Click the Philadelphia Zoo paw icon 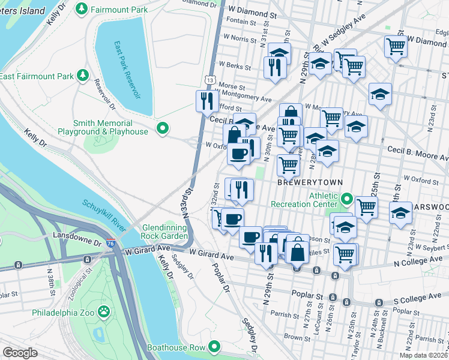coord(104,311)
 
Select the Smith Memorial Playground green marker coord(161,127)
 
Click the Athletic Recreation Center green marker coord(346,198)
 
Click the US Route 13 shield coord(209,79)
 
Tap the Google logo coord(20,352)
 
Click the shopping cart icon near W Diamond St coord(396,46)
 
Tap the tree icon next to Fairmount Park coord(82,10)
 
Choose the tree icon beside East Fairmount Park coord(81,76)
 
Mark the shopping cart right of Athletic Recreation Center coord(366,207)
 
